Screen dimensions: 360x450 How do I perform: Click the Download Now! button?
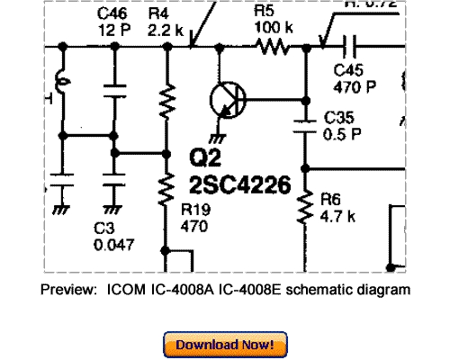[225, 345]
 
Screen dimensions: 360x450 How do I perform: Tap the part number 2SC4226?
[239, 186]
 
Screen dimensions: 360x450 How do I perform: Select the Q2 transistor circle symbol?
[226, 98]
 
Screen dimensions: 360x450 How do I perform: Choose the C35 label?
[337, 118]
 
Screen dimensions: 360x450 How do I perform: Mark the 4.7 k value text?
[337, 215]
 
